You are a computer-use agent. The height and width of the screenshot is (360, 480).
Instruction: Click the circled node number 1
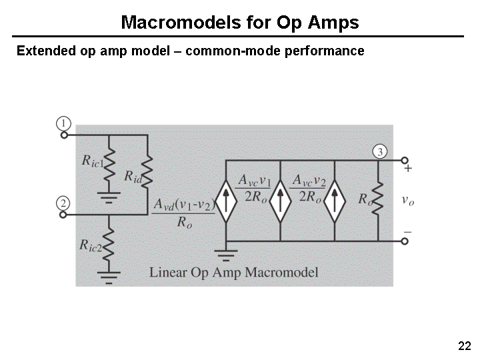(x=63, y=123)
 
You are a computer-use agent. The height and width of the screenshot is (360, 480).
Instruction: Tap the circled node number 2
(x=63, y=203)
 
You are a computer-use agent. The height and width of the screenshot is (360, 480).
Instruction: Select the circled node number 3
(x=379, y=152)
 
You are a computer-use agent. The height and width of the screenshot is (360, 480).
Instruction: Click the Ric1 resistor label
(x=91, y=160)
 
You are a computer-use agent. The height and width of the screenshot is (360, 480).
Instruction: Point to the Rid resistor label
(x=133, y=177)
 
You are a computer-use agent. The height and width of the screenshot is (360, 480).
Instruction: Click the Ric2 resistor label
(x=90, y=246)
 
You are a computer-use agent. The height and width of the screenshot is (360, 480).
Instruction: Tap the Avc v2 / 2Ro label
(x=308, y=188)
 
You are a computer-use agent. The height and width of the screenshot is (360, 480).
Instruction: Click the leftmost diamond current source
(x=226, y=200)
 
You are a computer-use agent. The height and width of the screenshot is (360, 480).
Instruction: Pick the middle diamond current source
(x=280, y=200)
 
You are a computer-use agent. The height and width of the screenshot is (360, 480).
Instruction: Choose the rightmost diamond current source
(x=334, y=200)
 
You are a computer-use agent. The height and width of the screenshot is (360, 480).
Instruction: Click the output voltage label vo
(x=408, y=199)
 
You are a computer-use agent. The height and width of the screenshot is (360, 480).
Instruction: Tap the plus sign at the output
(x=408, y=169)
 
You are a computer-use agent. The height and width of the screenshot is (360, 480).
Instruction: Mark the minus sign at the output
(x=408, y=231)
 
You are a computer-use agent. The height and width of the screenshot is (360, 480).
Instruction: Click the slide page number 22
(x=465, y=345)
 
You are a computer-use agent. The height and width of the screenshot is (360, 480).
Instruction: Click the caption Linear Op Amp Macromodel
(x=233, y=272)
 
